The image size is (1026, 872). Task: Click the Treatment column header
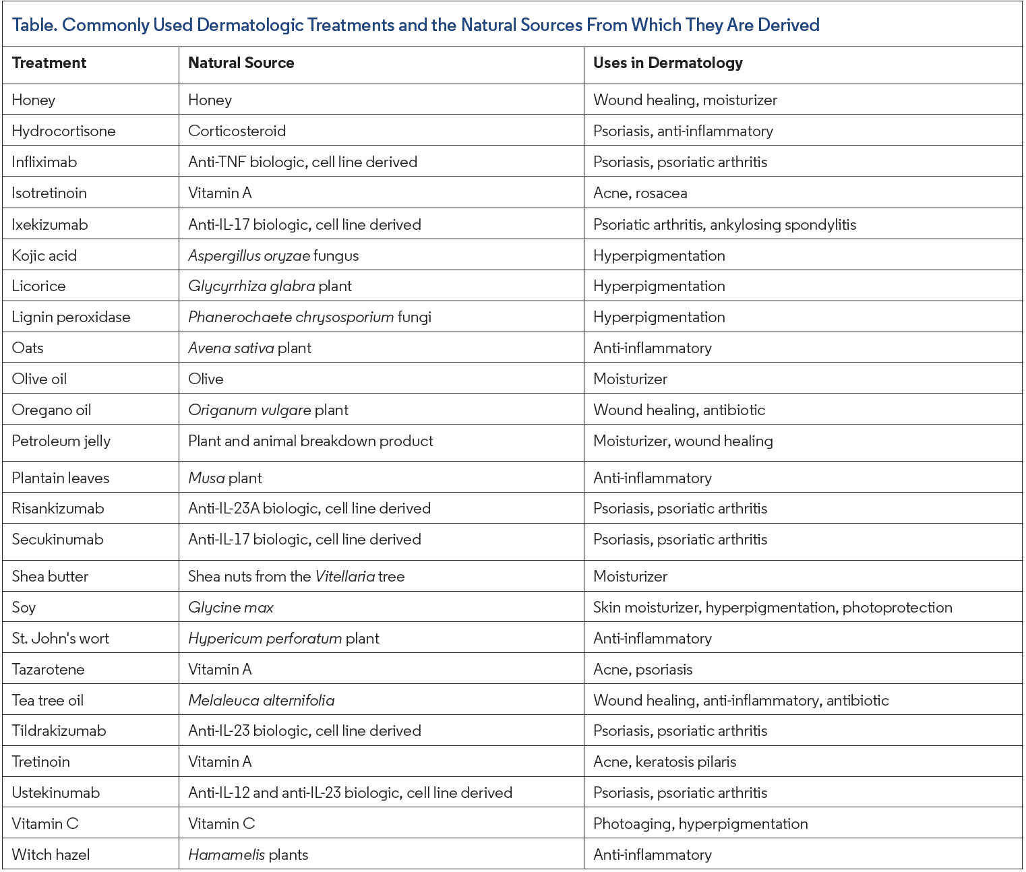tap(49, 63)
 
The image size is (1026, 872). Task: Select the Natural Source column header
tap(241, 63)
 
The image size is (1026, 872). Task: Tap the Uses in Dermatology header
tap(667, 63)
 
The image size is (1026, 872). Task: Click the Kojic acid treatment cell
tap(44, 256)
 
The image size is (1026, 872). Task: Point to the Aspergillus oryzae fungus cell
tap(273, 256)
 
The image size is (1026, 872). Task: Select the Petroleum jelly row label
tap(61, 441)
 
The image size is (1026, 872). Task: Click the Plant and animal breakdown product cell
tap(310, 441)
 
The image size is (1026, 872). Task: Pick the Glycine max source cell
tap(231, 608)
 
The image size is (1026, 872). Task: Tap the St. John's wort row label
tap(61, 639)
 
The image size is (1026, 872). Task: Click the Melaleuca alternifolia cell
tap(261, 701)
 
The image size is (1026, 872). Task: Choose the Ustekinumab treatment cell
tap(56, 793)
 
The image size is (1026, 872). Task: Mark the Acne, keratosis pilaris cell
tap(664, 762)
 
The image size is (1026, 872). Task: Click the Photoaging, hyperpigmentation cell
tap(700, 824)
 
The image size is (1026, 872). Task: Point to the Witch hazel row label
tap(51, 855)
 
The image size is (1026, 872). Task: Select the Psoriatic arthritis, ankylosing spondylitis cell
tap(724, 225)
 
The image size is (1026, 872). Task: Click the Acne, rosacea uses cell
tap(640, 193)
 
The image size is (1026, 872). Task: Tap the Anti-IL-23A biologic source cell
tap(309, 509)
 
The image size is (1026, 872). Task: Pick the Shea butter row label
tap(50, 577)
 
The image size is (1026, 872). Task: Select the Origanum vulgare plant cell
tap(268, 410)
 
